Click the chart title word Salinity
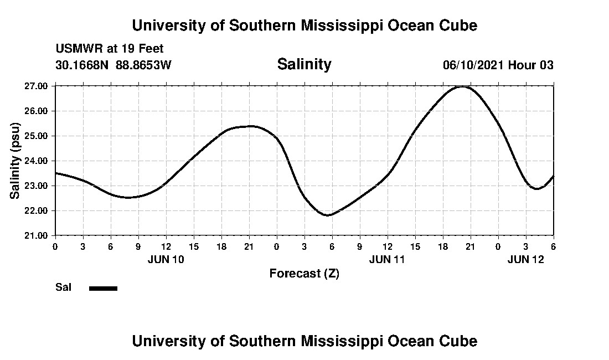pyautogui.click(x=304, y=64)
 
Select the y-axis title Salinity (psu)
pyautogui.click(x=16, y=161)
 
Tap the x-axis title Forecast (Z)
pyautogui.click(x=304, y=274)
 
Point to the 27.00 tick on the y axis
pyautogui.click(x=37, y=86)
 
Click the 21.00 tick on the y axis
pyautogui.click(x=37, y=235)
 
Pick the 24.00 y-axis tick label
pyautogui.click(x=37, y=161)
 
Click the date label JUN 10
pyautogui.click(x=166, y=259)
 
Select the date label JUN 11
pyautogui.click(x=388, y=259)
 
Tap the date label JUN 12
pyautogui.click(x=526, y=259)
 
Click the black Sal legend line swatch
pyautogui.click(x=103, y=288)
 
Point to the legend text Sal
pyautogui.click(x=63, y=287)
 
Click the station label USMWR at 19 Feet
pyautogui.click(x=109, y=49)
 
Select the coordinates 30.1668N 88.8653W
pyautogui.click(x=113, y=65)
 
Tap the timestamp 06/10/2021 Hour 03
pyautogui.click(x=498, y=65)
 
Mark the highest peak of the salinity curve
pyautogui.click(x=463, y=86)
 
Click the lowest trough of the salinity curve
pyautogui.click(x=328, y=215)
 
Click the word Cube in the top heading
pyautogui.click(x=458, y=25)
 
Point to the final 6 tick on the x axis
pyautogui.click(x=553, y=245)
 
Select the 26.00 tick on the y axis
pyautogui.click(x=37, y=111)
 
